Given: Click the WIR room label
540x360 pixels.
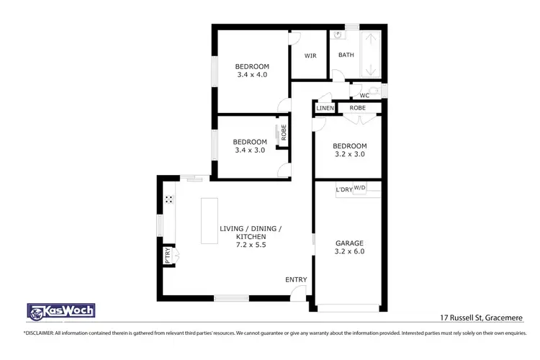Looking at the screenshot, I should pyautogui.click(x=310, y=55).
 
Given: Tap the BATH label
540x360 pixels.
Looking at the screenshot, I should pyautogui.click(x=346, y=55).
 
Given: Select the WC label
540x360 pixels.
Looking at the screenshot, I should pyautogui.click(x=364, y=95).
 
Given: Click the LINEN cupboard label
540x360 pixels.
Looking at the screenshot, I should pyautogui.click(x=325, y=108).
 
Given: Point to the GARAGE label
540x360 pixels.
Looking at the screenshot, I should pyautogui.click(x=349, y=243).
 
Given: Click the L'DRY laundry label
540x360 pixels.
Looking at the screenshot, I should pyautogui.click(x=343, y=189).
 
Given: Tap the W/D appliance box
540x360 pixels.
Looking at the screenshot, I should pyautogui.click(x=359, y=188).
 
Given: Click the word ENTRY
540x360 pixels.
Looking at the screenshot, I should pyautogui.click(x=296, y=279).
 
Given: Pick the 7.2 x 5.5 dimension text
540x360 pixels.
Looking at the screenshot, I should pyautogui.click(x=250, y=245).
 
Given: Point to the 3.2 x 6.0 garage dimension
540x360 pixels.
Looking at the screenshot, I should pyautogui.click(x=349, y=253).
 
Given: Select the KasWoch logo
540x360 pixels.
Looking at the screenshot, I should pyautogui.click(x=60, y=311).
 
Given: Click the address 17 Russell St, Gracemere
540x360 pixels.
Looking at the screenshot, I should pyautogui.click(x=482, y=317).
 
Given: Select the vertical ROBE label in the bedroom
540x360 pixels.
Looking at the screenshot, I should pyautogui.click(x=284, y=132).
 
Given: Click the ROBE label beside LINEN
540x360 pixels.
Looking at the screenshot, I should pyautogui.click(x=357, y=108).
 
